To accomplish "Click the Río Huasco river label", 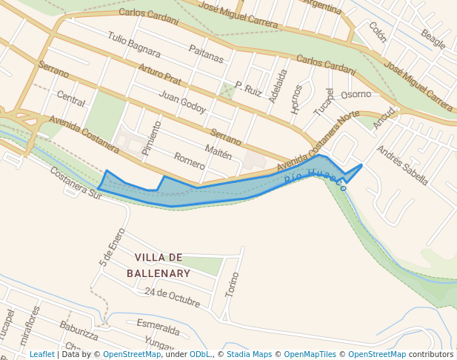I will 315,177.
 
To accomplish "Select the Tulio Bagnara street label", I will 133,44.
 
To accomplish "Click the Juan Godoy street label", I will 182,101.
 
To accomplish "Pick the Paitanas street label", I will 206,53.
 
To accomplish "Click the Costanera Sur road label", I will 75,181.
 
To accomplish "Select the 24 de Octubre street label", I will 173,297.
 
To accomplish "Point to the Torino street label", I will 233,285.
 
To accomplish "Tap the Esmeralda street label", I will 158,327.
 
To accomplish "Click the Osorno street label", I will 356,94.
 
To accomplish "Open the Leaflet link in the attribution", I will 41,354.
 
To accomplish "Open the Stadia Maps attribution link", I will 250,354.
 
